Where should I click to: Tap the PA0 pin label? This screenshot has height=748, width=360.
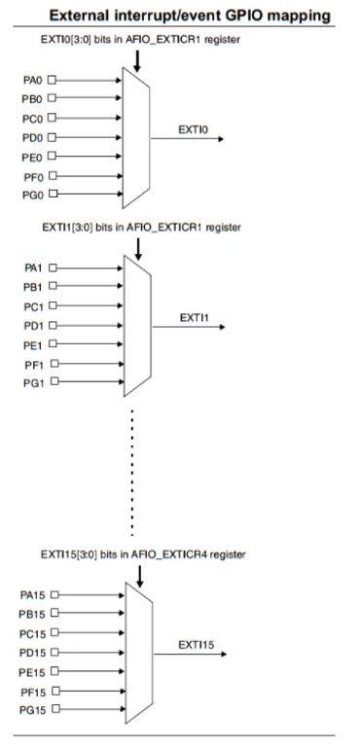(x=32, y=80)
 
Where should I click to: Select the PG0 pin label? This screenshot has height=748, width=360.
(x=32, y=195)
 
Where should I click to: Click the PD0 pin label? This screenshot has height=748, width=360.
(x=32, y=137)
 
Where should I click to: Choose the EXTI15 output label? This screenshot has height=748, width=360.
(x=196, y=644)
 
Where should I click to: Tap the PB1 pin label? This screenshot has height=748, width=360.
(x=33, y=286)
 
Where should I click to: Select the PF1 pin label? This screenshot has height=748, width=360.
(x=33, y=363)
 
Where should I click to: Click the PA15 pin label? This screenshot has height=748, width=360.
(x=32, y=593)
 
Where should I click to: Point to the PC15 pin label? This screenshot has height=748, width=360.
(x=32, y=632)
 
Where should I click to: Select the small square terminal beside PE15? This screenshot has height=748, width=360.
(x=54, y=671)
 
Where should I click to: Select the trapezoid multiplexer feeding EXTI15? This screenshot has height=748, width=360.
(x=138, y=651)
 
